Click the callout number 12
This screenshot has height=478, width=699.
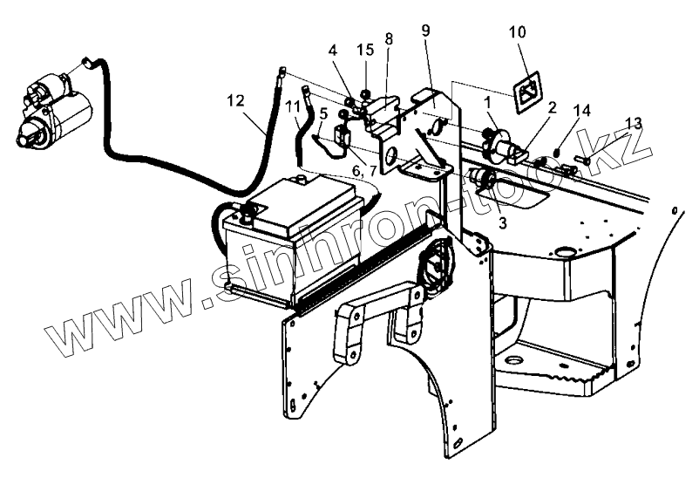pos(236,102)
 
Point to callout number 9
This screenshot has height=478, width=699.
pos(425,31)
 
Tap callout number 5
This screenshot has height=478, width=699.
pos(323,113)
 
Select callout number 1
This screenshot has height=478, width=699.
pos(490,103)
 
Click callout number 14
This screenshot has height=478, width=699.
pos(583,110)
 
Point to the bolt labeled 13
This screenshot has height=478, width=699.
pos(583,159)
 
